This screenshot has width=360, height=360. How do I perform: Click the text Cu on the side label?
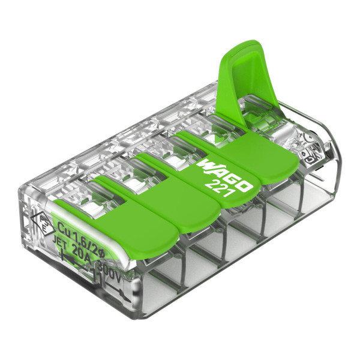(x=62, y=227)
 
